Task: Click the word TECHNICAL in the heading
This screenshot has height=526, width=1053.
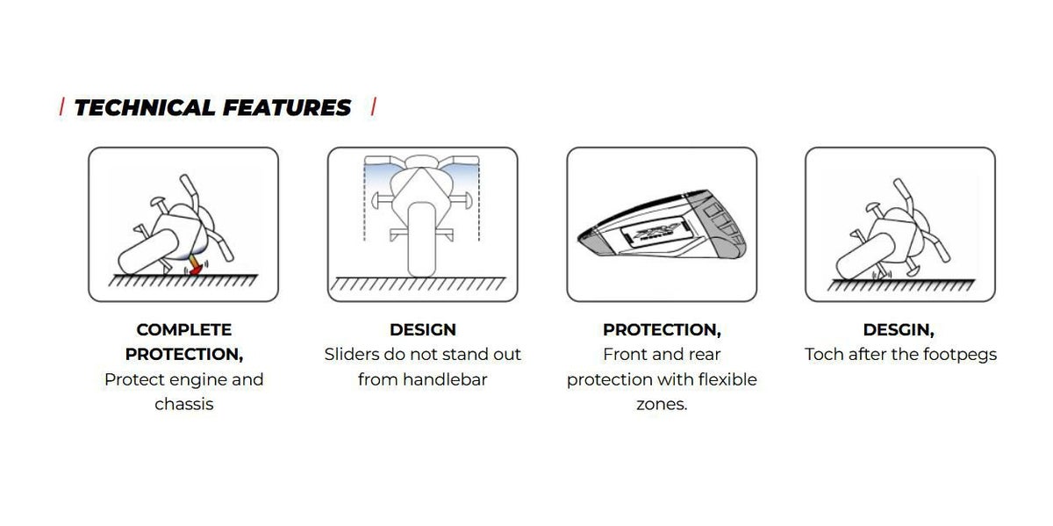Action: click(x=144, y=108)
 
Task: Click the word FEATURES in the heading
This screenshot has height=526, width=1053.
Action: click(x=287, y=108)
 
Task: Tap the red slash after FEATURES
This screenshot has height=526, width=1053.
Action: click(x=374, y=107)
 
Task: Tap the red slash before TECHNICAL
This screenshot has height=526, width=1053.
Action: click(x=61, y=107)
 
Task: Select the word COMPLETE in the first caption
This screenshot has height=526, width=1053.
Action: click(x=183, y=330)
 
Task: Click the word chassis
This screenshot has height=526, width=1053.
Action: click(x=183, y=404)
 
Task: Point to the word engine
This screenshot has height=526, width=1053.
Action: click(x=197, y=380)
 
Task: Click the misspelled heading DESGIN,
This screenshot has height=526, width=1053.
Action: click(x=899, y=330)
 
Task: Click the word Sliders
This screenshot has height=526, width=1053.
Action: click(x=352, y=354)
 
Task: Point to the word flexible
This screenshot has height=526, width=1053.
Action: click(x=727, y=379)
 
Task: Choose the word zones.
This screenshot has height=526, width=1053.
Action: click(x=662, y=405)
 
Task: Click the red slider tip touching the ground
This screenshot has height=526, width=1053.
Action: click(x=195, y=270)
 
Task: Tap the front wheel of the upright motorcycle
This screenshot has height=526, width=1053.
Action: click(x=421, y=240)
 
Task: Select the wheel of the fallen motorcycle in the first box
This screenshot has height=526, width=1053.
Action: click(x=147, y=251)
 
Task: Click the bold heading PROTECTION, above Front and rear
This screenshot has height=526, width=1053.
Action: click(x=662, y=330)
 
